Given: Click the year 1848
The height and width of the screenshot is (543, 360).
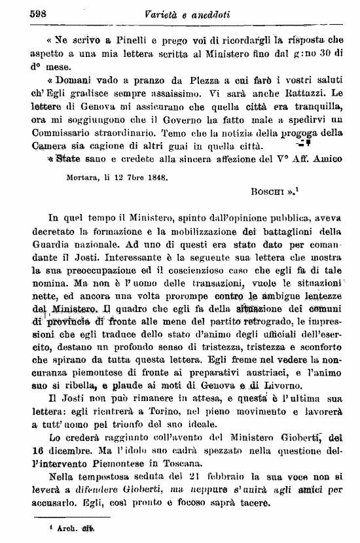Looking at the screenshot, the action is point(154,177).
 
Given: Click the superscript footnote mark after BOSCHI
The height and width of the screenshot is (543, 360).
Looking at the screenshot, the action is point(298,190).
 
